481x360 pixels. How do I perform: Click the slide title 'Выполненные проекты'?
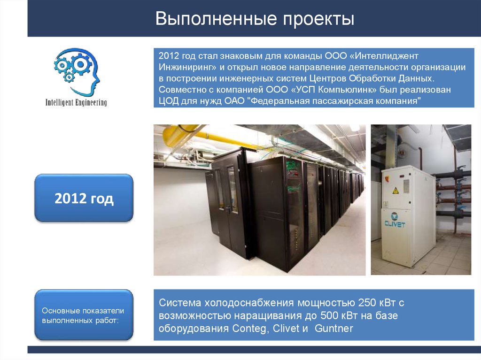[255, 19]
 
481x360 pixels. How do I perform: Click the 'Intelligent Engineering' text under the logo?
[76, 102]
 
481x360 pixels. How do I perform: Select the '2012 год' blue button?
[84, 198]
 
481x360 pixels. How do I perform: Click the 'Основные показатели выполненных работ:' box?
[84, 315]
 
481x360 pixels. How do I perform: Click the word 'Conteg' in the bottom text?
[249, 328]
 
